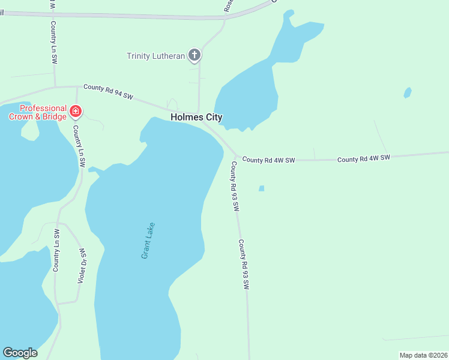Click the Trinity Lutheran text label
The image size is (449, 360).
155,56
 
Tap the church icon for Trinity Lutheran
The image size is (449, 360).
194,56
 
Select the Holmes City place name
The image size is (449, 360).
196,118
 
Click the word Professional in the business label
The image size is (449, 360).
43,108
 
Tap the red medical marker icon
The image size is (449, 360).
76,111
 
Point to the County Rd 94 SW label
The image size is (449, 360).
108,91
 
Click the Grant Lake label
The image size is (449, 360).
148,241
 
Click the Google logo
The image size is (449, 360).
20,353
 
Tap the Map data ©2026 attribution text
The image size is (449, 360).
423,355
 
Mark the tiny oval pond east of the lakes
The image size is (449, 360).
408,93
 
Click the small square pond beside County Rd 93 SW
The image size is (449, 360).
261,188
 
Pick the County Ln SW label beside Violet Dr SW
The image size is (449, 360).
56,250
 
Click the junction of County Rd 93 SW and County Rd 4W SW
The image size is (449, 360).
237,157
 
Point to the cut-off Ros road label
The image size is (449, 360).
228,6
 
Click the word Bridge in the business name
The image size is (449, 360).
53,116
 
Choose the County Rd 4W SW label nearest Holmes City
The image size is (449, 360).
269,160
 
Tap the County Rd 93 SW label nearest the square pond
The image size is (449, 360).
235,186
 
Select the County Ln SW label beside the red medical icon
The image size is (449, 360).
79,146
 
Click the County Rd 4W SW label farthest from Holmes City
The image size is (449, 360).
364,158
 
